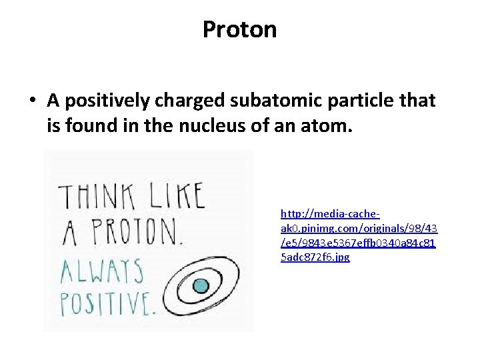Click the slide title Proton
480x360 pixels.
[239, 29]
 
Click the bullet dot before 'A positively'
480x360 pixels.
[33, 101]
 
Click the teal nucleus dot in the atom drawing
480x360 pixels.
[201, 287]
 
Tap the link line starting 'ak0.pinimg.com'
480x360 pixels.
[359, 228]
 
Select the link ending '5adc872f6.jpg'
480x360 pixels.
[315, 257]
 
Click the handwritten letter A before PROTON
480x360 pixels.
[69, 235]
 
